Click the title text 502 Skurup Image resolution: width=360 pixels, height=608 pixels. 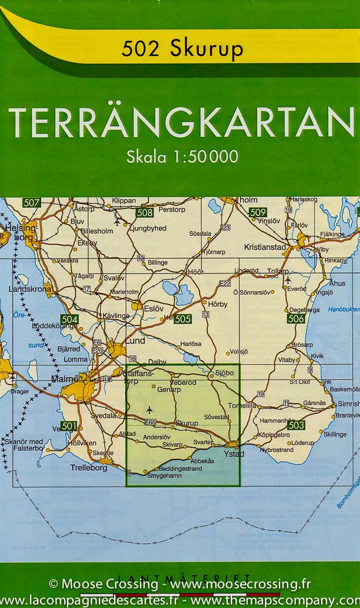point(182,50)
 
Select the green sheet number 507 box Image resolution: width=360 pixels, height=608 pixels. point(32,203)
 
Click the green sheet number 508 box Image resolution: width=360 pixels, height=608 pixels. point(145,213)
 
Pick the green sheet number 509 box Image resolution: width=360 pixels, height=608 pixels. point(258,213)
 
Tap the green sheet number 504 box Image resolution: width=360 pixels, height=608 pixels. point(69,320)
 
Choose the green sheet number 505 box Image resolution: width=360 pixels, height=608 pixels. point(182,319)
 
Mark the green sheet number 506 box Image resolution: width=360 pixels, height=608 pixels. point(295,318)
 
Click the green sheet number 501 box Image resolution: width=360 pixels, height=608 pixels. point(68,426)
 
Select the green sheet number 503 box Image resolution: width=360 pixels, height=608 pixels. point(295,426)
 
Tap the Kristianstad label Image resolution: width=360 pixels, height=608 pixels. point(265,247)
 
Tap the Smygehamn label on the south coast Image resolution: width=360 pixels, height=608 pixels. point(164,475)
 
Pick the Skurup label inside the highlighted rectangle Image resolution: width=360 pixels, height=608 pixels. point(186,423)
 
